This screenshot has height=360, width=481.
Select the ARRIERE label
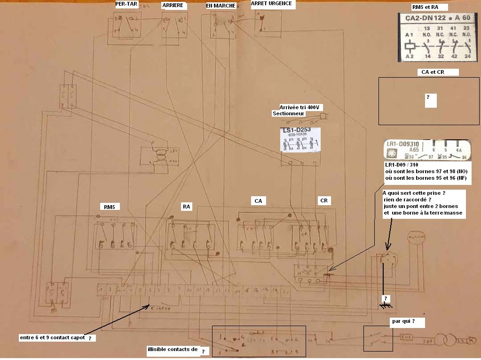point(173,5)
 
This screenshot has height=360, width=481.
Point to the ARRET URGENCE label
point(271,3)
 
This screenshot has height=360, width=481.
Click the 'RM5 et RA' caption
point(422,7)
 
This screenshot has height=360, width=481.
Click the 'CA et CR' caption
point(430,72)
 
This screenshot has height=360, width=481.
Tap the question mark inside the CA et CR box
point(428,97)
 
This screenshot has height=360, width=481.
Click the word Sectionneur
point(289,113)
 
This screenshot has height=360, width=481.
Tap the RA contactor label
point(187,206)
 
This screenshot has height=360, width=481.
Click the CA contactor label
point(258,201)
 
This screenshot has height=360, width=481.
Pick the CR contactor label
point(323,200)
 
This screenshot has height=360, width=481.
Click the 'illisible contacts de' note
point(173,349)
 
